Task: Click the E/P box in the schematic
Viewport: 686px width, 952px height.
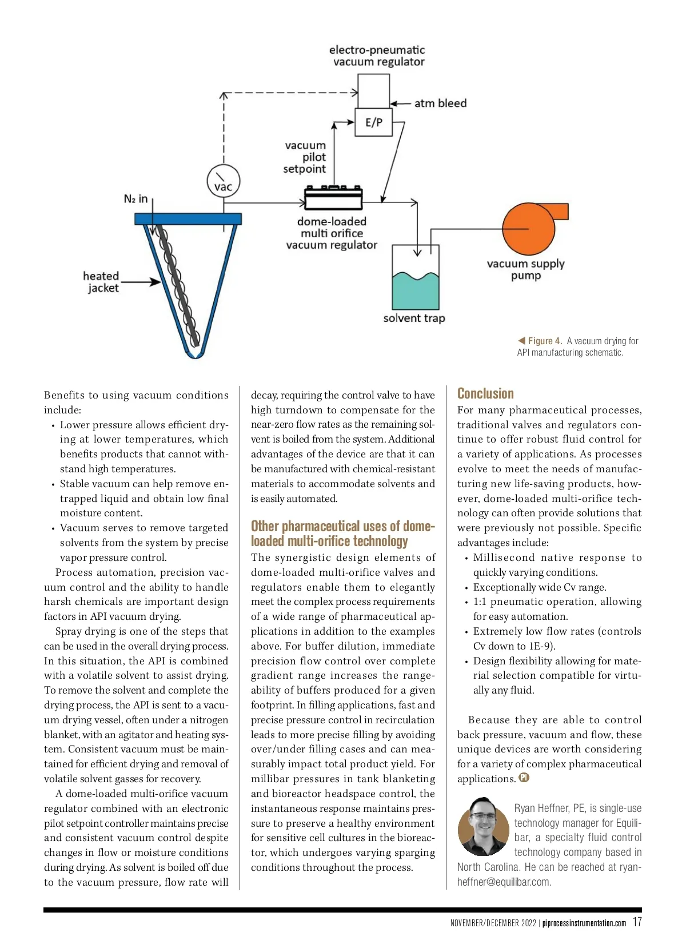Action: click(x=374, y=122)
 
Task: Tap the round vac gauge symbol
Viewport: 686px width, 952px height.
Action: click(x=223, y=181)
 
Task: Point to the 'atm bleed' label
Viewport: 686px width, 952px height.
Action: click(x=440, y=103)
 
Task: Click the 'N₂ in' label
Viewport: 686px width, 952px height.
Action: click(x=135, y=199)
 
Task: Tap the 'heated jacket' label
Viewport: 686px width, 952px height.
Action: click(x=101, y=282)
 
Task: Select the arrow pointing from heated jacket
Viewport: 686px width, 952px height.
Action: click(x=141, y=282)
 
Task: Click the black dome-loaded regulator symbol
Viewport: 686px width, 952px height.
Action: click(x=333, y=198)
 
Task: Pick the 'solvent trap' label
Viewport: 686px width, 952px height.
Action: click(x=414, y=318)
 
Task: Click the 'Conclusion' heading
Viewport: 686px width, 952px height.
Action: click(x=485, y=393)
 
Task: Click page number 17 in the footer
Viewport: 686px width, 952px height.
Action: click(x=637, y=922)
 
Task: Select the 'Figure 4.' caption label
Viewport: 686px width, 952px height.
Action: click(x=544, y=341)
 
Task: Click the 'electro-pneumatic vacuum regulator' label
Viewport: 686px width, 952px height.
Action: click(x=378, y=56)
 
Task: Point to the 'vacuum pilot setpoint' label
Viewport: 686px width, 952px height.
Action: click(x=305, y=157)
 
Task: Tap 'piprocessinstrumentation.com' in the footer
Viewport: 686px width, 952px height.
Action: click(x=584, y=923)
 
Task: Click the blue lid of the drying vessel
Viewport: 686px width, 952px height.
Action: click(x=188, y=219)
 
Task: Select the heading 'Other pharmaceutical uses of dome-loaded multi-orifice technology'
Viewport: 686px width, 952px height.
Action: click(x=342, y=533)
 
